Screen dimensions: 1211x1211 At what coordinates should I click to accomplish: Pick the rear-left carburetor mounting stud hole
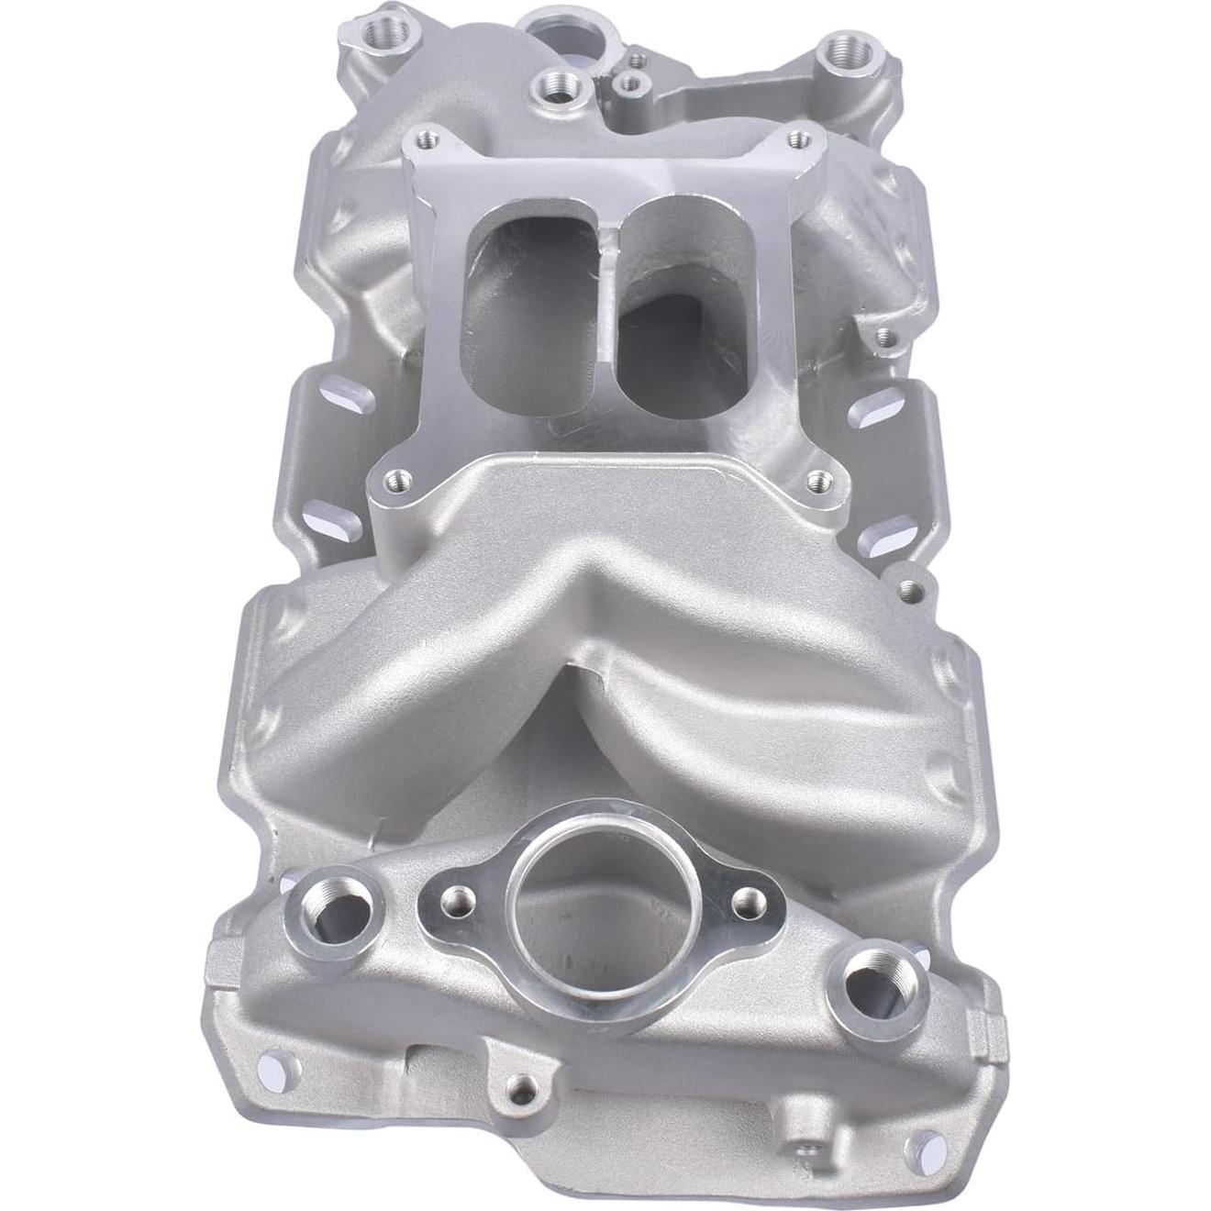point(424,139)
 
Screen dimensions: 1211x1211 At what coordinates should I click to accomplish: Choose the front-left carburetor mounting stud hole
point(395,478)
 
